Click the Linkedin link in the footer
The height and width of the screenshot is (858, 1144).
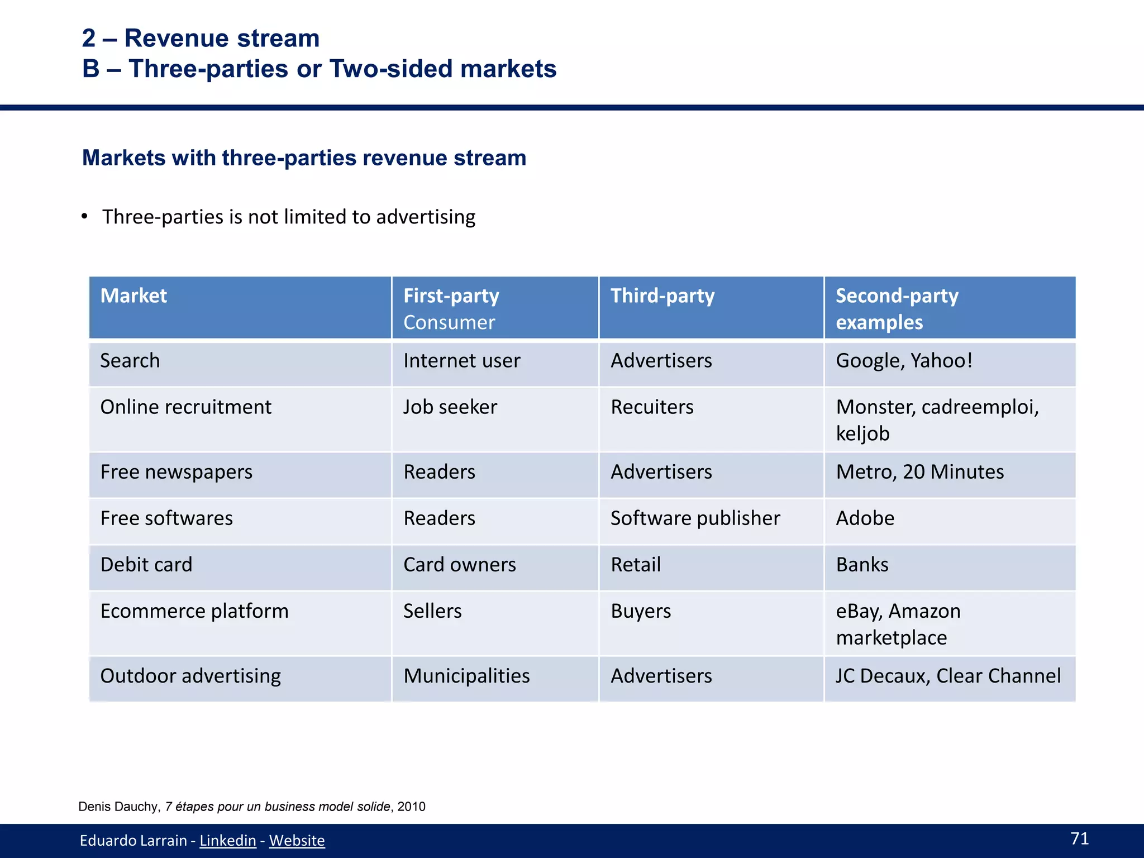227,840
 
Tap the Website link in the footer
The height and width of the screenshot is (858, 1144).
297,840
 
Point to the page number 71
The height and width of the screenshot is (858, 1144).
1079,838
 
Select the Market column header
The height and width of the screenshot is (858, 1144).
134,295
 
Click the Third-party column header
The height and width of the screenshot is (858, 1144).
662,295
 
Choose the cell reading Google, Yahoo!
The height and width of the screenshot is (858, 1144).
904,361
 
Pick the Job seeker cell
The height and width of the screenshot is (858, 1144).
450,407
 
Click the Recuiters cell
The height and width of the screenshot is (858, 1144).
652,407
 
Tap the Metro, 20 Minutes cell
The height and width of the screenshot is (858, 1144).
919,472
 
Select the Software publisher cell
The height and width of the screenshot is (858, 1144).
695,518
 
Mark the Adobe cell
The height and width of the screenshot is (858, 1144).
865,518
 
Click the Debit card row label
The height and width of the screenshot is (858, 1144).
146,565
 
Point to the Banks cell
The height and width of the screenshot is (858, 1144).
862,565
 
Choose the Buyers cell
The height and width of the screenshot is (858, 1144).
641,611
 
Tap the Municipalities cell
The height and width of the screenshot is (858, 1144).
466,676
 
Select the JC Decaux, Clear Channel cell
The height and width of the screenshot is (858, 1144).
948,676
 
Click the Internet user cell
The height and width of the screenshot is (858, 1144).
461,361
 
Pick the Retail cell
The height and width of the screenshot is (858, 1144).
636,565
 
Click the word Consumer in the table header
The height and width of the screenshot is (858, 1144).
449,322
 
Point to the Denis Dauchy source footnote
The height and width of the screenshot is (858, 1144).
252,807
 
